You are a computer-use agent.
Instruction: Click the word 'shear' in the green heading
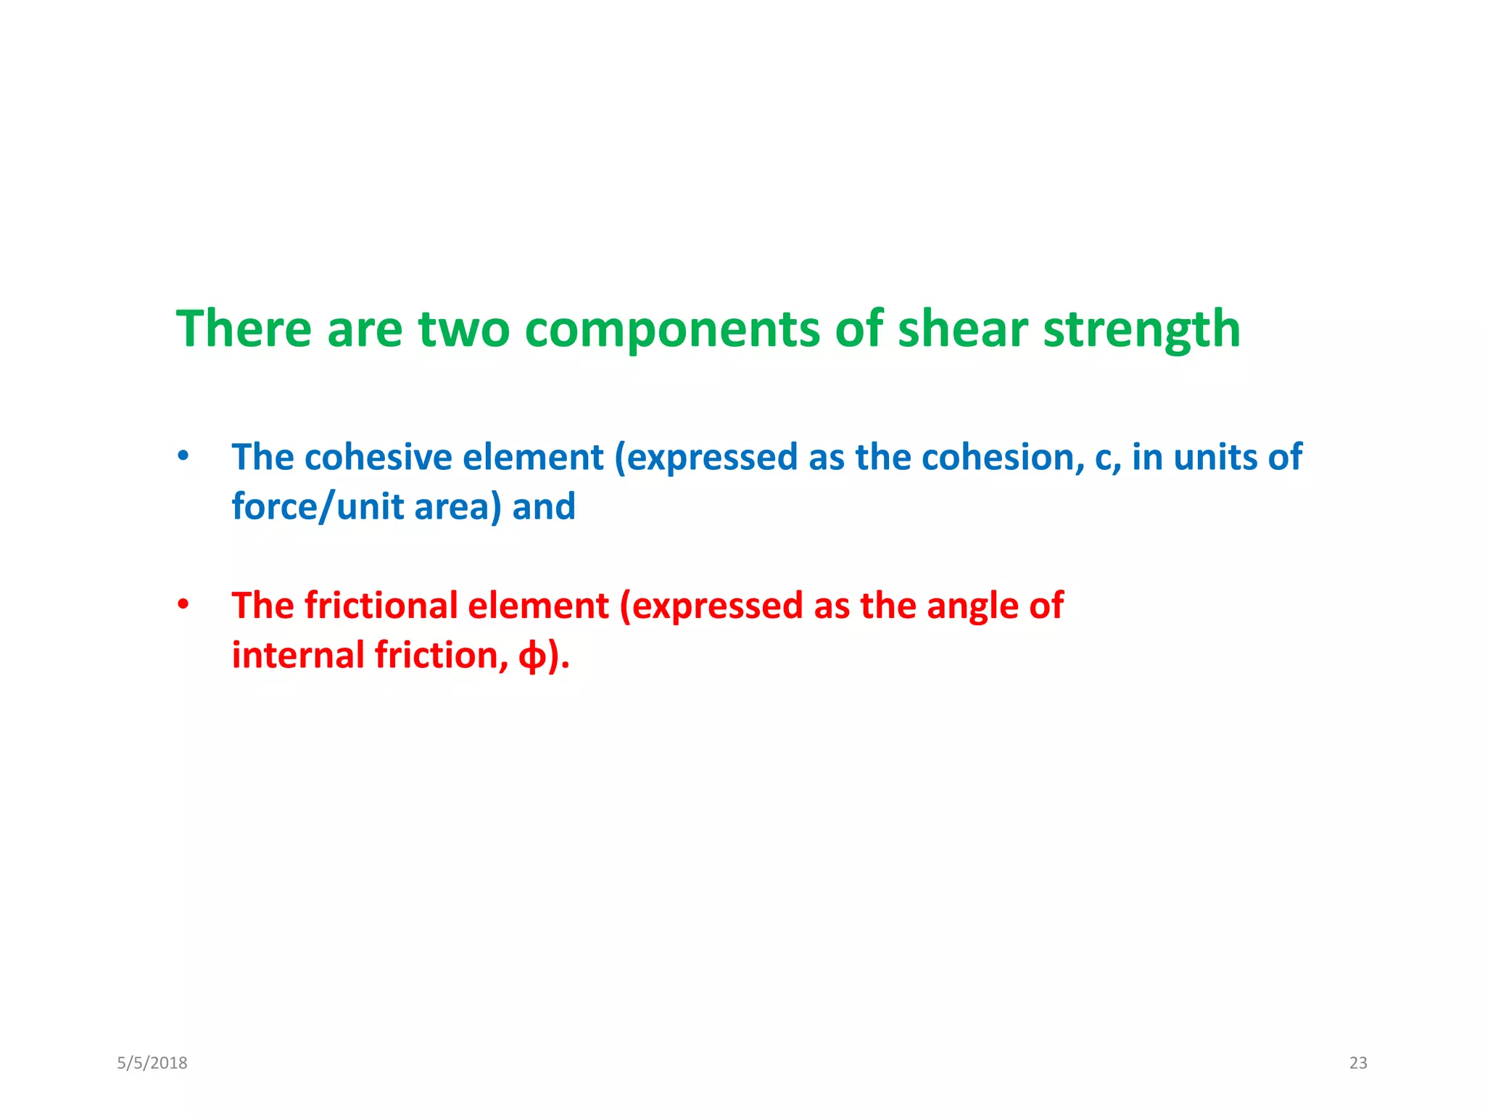(x=962, y=329)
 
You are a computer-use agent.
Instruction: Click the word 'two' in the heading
(x=463, y=329)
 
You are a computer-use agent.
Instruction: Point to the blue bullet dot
(x=183, y=457)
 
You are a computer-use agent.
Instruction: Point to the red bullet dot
(x=183, y=604)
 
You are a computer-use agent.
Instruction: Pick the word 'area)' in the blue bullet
(x=458, y=507)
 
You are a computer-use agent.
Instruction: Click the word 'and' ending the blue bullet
(x=544, y=507)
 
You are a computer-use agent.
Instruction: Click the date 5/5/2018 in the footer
(x=152, y=1063)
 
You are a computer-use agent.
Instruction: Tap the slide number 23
(x=1357, y=1063)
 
